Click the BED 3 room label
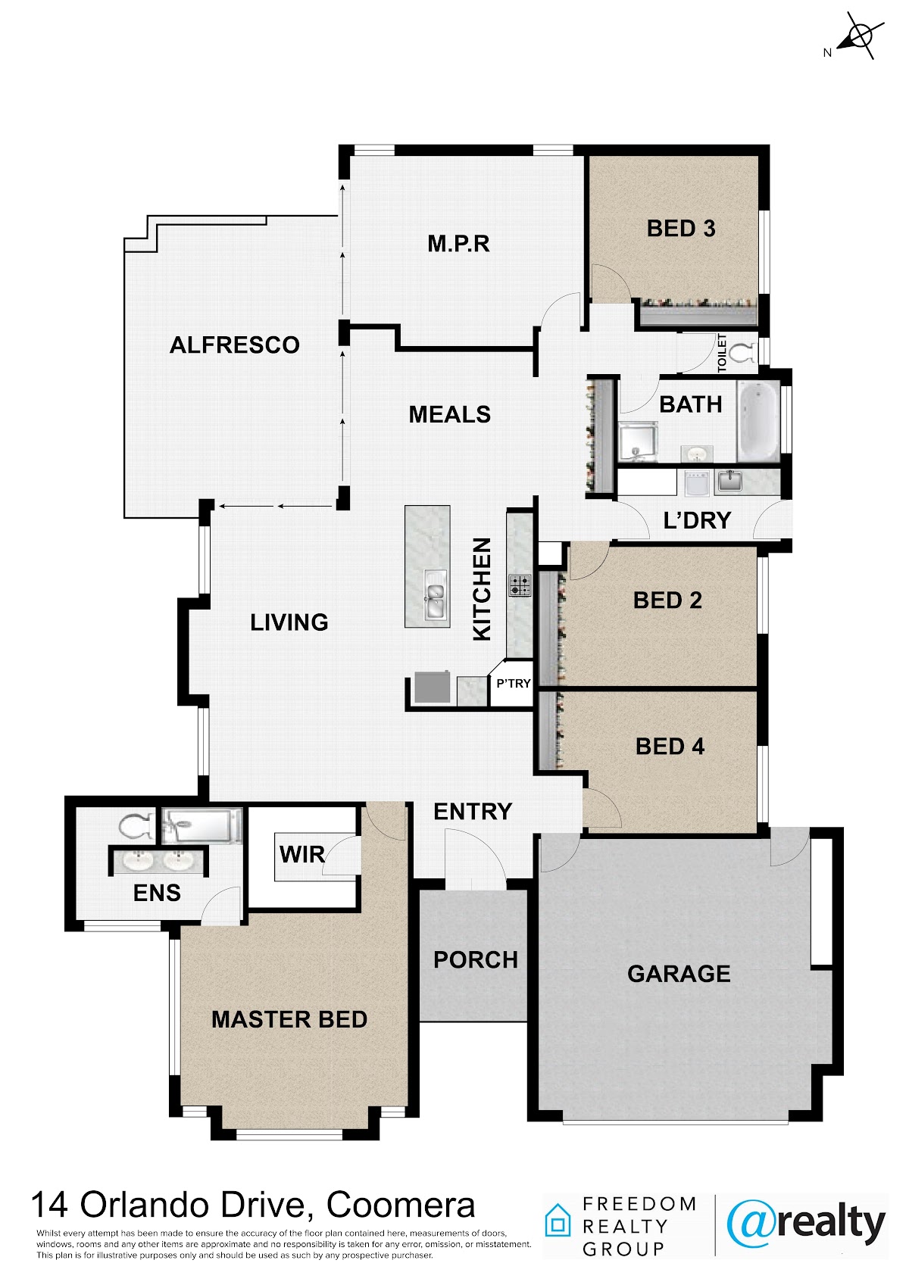[x=680, y=229]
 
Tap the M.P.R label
[x=458, y=244]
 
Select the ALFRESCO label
[x=235, y=345]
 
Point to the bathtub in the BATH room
[x=759, y=421]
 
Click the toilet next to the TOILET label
[x=745, y=352]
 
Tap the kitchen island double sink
[x=435, y=595]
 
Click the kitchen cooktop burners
[x=520, y=585]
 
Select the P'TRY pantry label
[x=513, y=683]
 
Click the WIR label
[x=301, y=854]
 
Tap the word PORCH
[x=475, y=959]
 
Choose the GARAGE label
[x=679, y=974]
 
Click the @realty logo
[x=806, y=1224]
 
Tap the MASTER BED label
[x=289, y=1019]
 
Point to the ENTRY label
[x=473, y=811]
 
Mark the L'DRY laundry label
[x=697, y=520]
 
